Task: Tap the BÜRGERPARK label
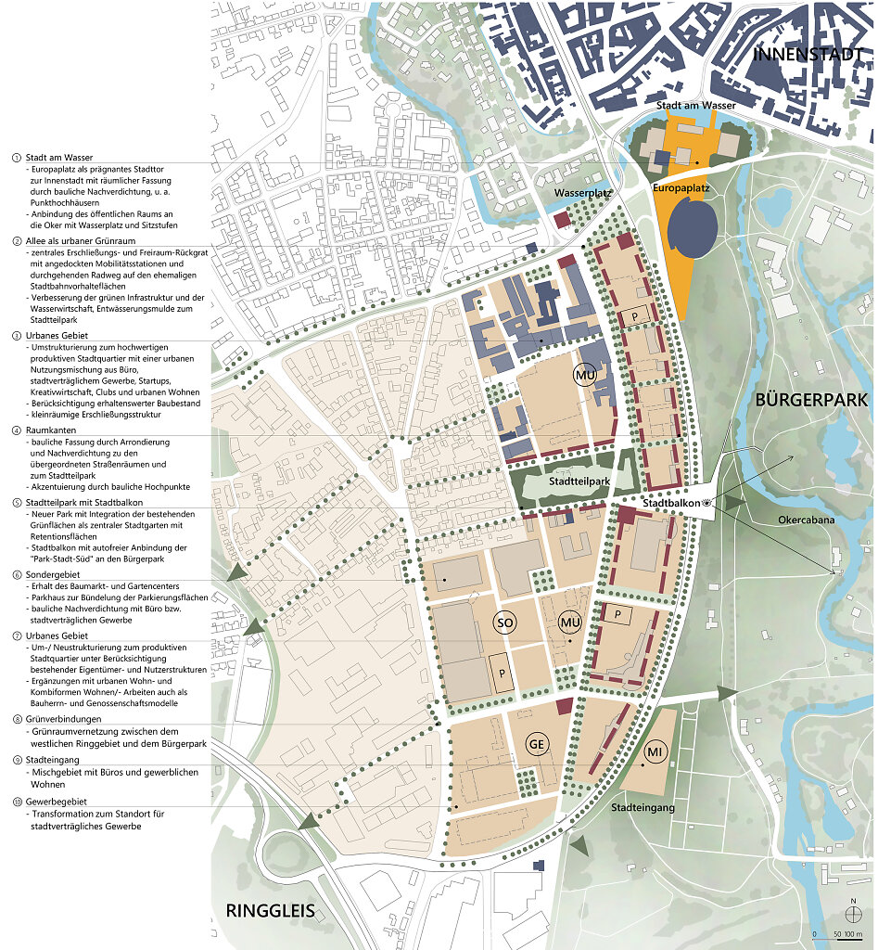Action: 811,402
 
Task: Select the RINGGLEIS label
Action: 277,912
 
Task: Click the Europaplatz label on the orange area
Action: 681,187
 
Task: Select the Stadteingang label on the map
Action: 641,808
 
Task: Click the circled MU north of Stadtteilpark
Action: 584,373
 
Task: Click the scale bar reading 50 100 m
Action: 840,933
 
